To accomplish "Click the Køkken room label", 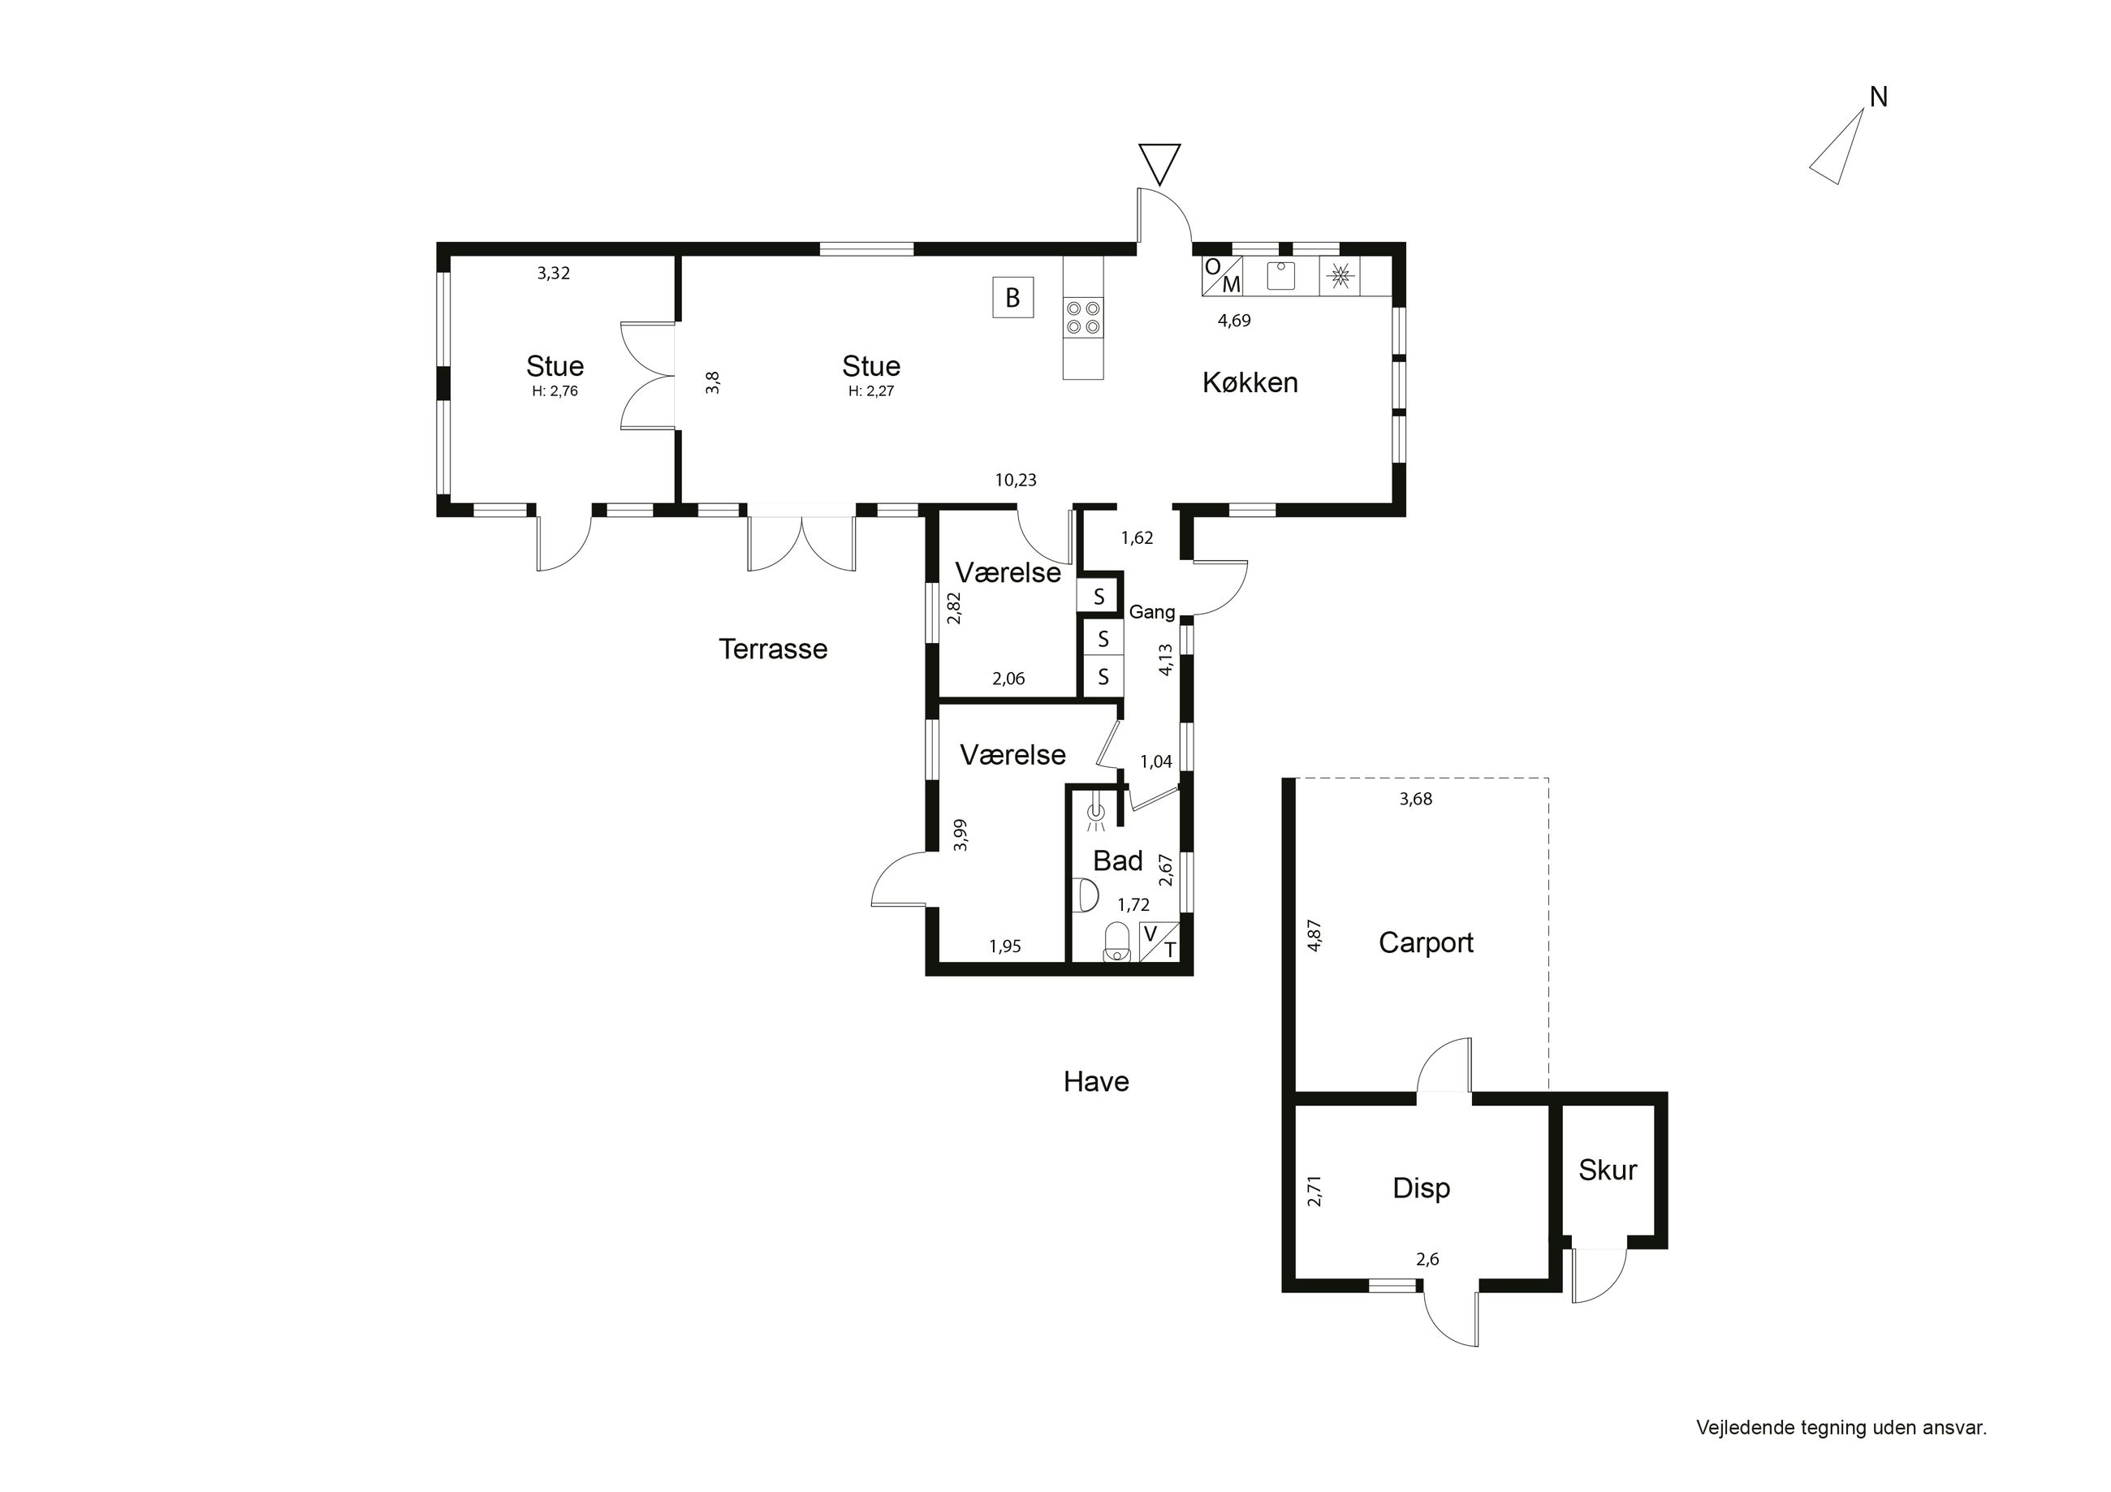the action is point(1250,382).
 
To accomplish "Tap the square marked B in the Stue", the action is point(1012,298).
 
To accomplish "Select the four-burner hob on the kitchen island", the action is point(1083,317).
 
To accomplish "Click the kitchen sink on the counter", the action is point(1280,275).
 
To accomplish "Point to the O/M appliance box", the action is point(1223,276).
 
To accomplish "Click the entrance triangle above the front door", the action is point(1159,165).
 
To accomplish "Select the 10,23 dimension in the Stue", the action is point(1015,480).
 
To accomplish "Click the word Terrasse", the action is point(773,649).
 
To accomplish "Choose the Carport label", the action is point(1426,943).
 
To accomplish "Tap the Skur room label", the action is point(1607,1171).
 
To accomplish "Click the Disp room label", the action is point(1422,1188).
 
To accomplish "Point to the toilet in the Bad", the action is point(1116,942).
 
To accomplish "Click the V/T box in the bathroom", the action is point(1159,942).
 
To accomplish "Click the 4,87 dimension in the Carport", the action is point(1315,936).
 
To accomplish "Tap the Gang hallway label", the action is point(1152,612).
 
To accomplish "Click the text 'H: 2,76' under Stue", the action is point(555,391).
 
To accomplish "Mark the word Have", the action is point(1096,1082).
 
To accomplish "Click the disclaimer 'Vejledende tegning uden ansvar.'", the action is point(1841,1428).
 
